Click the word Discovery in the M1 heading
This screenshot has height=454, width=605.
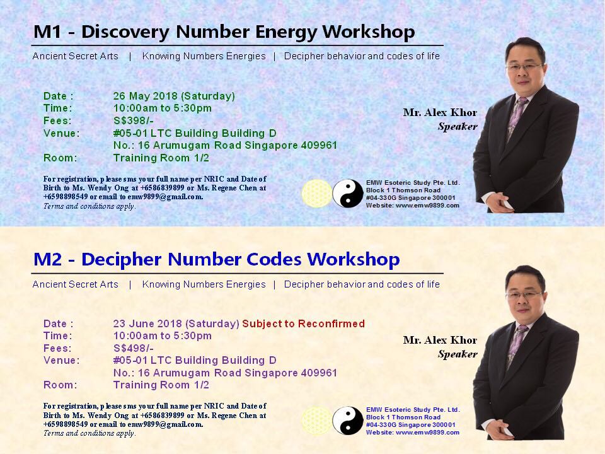pyautogui.click(x=125, y=32)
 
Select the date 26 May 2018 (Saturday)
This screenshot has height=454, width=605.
pyautogui.click(x=174, y=96)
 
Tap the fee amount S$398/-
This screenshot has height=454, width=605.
pyautogui.click(x=134, y=121)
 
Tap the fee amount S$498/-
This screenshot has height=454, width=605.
pyautogui.click(x=134, y=348)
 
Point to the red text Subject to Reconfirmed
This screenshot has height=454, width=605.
pyautogui.click(x=303, y=323)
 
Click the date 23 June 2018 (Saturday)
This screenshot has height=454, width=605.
pyautogui.click(x=176, y=324)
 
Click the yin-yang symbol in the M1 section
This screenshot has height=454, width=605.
pyautogui.click(x=348, y=194)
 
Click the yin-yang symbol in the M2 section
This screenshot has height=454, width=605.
pyautogui.click(x=348, y=421)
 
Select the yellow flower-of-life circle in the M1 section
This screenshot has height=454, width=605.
pyautogui.click(x=316, y=194)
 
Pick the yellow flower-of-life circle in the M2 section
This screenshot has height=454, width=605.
pyautogui.click(x=316, y=421)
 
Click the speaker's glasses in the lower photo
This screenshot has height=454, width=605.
pyautogui.click(x=524, y=295)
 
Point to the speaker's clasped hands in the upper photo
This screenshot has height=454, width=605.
pyautogui.click(x=499, y=202)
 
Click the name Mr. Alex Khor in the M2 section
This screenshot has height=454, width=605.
pyautogui.click(x=440, y=340)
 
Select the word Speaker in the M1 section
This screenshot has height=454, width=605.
pyautogui.click(x=458, y=127)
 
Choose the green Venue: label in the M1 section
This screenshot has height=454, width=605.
pyautogui.click(x=62, y=134)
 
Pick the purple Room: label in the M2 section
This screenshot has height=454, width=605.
pyautogui.click(x=60, y=385)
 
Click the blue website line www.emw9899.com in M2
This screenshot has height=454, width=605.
pyautogui.click(x=412, y=433)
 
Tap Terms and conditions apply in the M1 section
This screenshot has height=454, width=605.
pyautogui.click(x=89, y=206)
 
